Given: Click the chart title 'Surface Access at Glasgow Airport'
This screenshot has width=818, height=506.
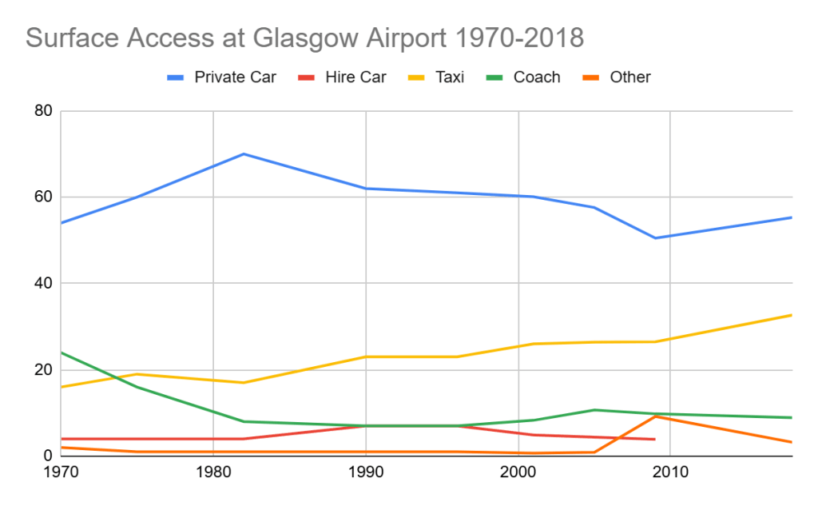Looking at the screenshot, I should [x=304, y=38].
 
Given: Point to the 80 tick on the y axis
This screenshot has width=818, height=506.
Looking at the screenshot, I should [x=43, y=111].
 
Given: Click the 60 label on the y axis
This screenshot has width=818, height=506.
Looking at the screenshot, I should [x=43, y=197].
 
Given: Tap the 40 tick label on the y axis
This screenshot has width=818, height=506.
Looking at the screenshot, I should [x=43, y=284].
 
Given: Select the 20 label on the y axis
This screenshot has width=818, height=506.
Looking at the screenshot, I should [x=43, y=370].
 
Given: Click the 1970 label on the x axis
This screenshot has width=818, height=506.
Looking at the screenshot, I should [x=61, y=472].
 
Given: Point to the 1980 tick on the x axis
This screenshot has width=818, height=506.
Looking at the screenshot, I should [x=213, y=472].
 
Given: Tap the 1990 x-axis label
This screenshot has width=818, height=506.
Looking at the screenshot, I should [x=366, y=472].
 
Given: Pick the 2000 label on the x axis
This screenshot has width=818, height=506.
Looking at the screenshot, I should [x=518, y=472].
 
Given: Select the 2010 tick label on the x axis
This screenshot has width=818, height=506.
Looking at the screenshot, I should [x=671, y=472].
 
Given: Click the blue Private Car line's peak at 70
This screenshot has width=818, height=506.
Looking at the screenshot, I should [x=244, y=153].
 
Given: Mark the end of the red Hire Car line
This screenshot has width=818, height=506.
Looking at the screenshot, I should [x=655, y=439].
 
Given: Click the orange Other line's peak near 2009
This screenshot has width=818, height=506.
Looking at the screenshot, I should [x=655, y=416].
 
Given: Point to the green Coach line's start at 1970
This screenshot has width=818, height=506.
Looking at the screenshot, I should [x=62, y=353].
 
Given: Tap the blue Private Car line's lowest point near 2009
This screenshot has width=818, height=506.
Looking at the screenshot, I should [x=655, y=237].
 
